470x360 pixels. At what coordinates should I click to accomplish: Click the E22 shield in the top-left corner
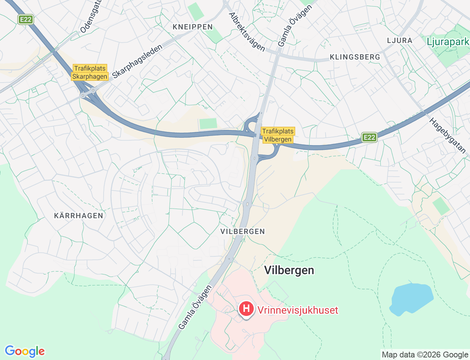coord(26,19)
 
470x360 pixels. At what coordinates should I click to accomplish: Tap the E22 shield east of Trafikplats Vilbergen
coord(369,137)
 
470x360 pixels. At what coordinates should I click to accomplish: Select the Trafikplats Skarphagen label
coord(90,72)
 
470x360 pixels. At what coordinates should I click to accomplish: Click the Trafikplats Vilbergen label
coord(278,135)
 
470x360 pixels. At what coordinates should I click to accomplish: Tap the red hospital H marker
coord(246,309)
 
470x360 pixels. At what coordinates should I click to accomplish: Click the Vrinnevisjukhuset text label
coord(297,310)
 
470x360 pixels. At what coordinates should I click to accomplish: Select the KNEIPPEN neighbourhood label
coord(193,27)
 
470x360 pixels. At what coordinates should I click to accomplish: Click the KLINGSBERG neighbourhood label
coord(355,57)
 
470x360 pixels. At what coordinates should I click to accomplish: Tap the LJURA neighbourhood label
coord(399,40)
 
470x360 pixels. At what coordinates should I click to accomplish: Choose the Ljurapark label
coord(448,42)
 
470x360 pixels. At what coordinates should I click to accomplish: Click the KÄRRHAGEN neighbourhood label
coord(79,216)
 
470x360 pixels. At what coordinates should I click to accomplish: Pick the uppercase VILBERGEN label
coord(242,231)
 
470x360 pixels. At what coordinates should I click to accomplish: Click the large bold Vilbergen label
coord(289,270)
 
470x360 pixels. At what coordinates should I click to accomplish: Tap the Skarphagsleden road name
coord(137,61)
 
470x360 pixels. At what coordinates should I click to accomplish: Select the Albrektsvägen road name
coord(247,32)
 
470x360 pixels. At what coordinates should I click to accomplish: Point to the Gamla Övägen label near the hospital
coord(195,307)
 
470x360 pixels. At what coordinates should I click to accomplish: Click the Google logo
coord(25,351)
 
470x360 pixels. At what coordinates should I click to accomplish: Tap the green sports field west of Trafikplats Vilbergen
coord(208,123)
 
